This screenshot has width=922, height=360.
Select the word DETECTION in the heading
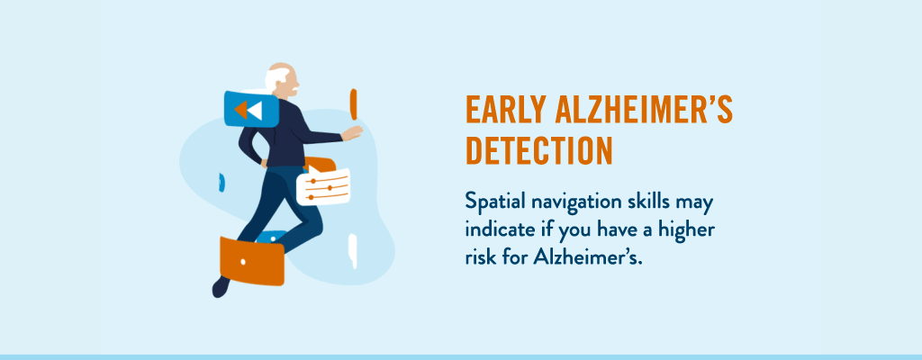pyautogui.click(x=539, y=150)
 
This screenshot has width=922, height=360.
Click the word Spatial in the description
pyautogui.click(x=495, y=202)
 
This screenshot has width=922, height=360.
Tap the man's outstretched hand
pyautogui.click(x=352, y=133)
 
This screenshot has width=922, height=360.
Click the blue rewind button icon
pyautogui.click(x=251, y=109)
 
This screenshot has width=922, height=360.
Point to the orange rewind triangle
pyautogui.click(x=240, y=110)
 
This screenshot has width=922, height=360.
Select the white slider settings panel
pyautogui.click(x=323, y=187)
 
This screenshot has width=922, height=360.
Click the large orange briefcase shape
pyautogui.click(x=252, y=261)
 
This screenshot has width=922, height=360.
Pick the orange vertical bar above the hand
pyautogui.click(x=353, y=104)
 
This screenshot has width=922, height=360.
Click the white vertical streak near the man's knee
pyautogui.click(x=353, y=250)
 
